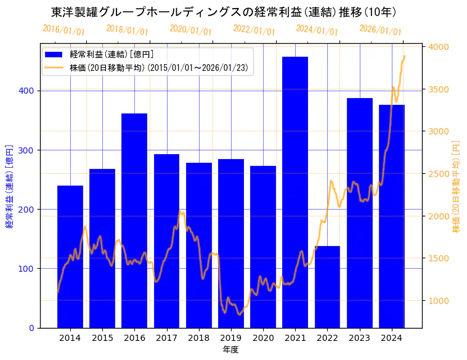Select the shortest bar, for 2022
[x=327, y=287]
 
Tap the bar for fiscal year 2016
[x=134, y=221]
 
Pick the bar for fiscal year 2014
[x=70, y=256]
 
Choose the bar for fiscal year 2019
[x=231, y=243]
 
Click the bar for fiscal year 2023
[x=360, y=213]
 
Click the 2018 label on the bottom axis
[x=199, y=338]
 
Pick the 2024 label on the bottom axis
[x=392, y=338]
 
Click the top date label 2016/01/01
[x=63, y=30]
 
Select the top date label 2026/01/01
[x=380, y=30]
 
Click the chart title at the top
[x=224, y=12]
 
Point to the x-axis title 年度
[x=230, y=350]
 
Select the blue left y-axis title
[x=9, y=187]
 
